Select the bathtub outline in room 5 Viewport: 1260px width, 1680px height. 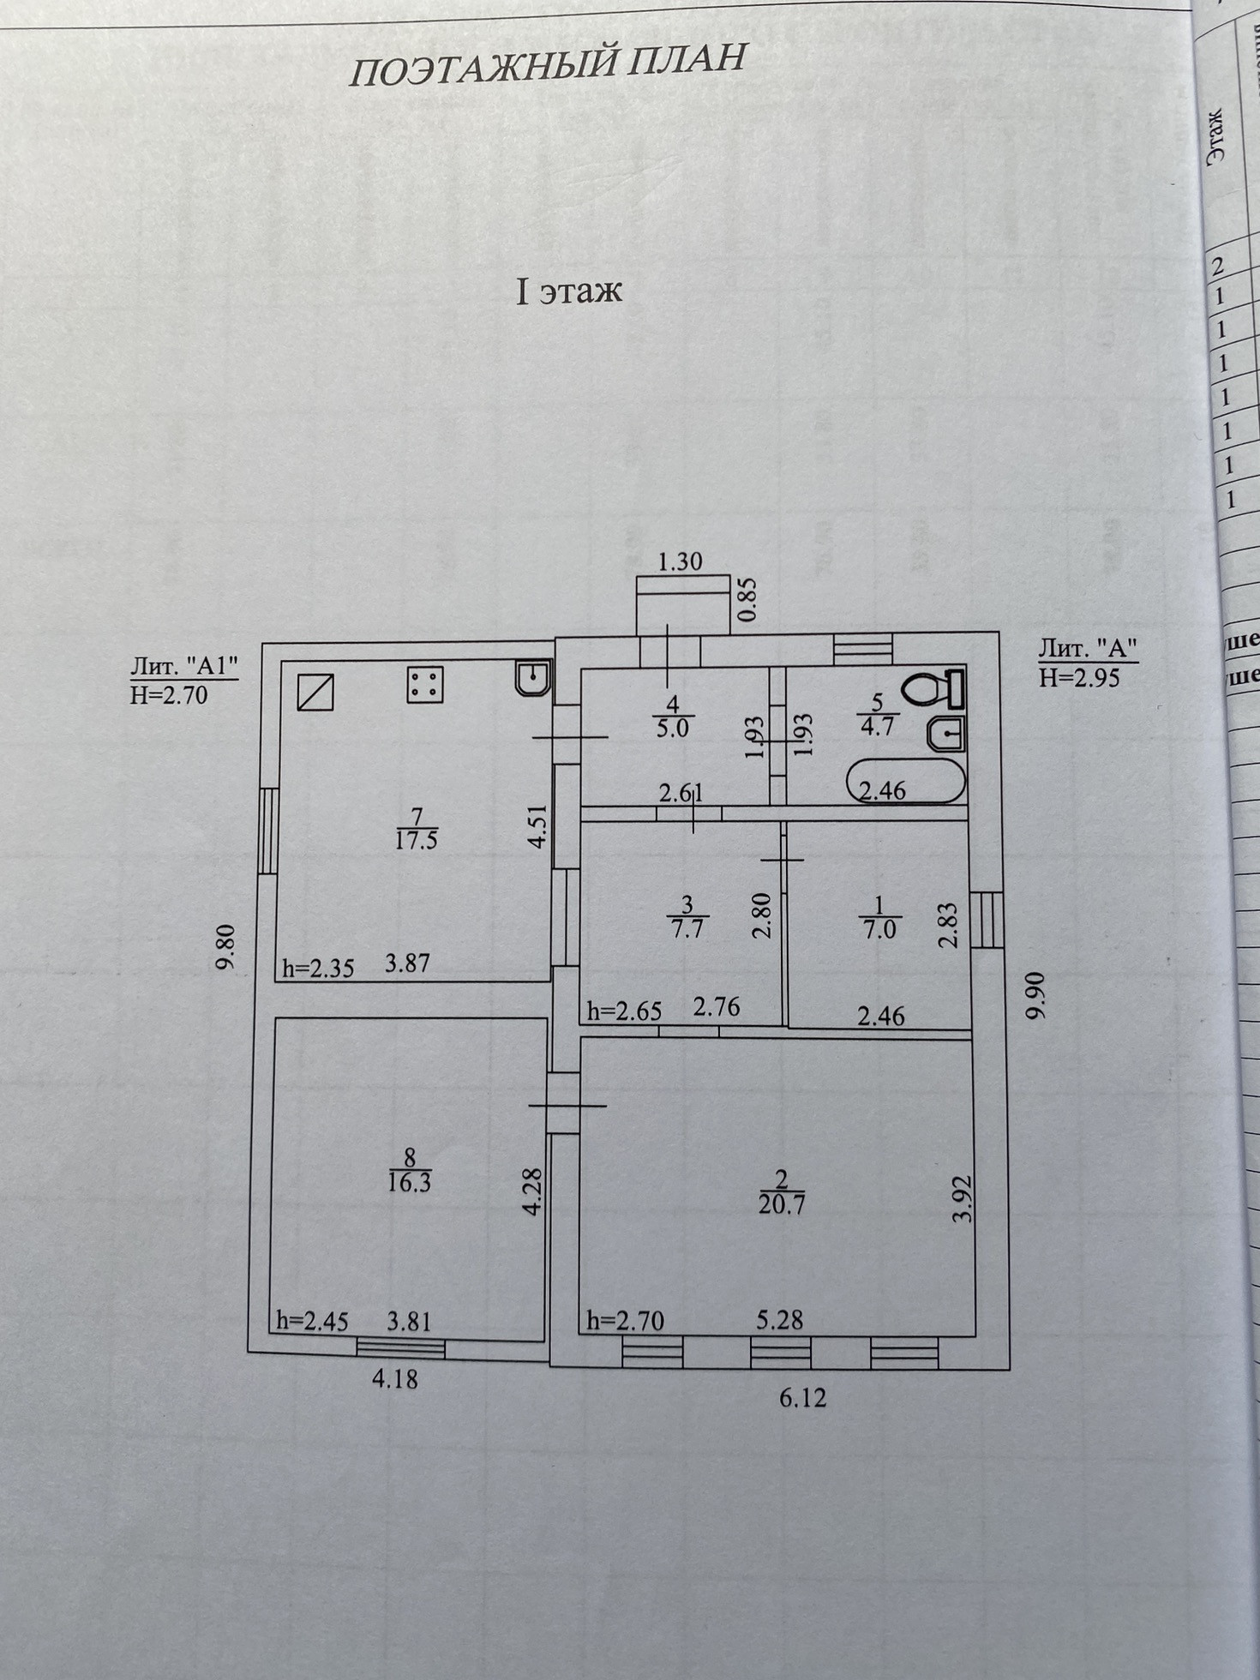(x=905, y=780)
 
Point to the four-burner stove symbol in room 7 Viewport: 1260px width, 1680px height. (x=424, y=685)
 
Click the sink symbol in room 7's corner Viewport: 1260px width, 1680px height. (x=534, y=677)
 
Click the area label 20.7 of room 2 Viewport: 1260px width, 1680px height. (x=781, y=1205)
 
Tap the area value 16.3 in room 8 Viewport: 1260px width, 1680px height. (x=410, y=1183)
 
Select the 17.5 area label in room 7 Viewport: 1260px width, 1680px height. (x=417, y=840)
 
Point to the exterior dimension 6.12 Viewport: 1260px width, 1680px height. (x=804, y=1398)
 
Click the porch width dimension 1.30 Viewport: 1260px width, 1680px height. (x=680, y=561)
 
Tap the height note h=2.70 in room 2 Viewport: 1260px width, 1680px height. (x=625, y=1321)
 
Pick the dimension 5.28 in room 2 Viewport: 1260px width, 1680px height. (x=778, y=1320)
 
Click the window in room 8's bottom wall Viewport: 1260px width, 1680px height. (x=400, y=1347)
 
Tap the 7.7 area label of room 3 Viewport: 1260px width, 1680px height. (x=688, y=927)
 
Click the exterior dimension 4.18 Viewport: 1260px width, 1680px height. (x=395, y=1380)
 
